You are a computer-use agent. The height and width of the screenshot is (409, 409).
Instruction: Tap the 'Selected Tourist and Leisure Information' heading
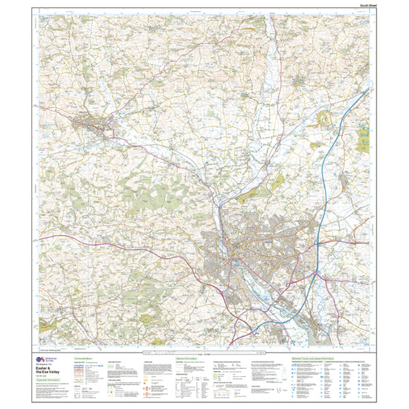click(x=313, y=358)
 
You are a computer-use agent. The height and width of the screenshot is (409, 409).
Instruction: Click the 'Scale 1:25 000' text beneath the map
click(x=204, y=351)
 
